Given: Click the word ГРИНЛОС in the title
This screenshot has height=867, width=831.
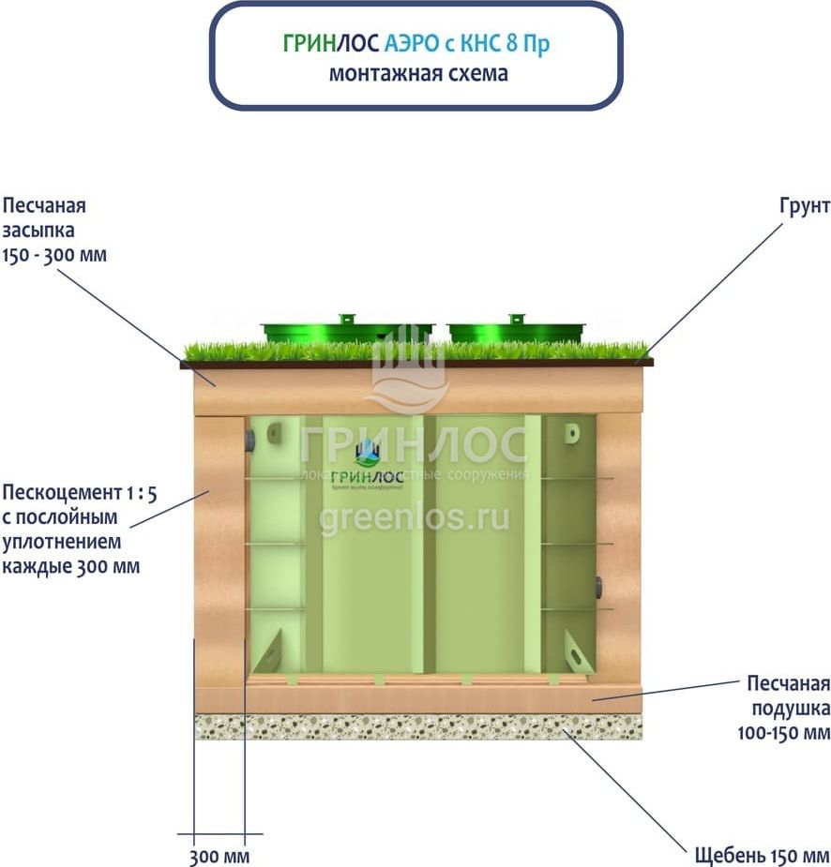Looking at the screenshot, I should (x=330, y=44).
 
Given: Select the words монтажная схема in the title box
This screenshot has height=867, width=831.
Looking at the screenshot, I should (x=418, y=73).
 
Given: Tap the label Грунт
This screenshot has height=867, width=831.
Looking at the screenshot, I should (x=804, y=206).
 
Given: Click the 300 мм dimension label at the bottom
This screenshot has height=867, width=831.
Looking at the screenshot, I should (x=219, y=856).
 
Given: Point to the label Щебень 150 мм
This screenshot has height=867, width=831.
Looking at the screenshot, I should (x=762, y=856).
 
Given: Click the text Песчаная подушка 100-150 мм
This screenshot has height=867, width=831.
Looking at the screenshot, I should (x=783, y=707).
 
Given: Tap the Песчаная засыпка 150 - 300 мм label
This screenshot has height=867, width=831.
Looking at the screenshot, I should (x=54, y=230).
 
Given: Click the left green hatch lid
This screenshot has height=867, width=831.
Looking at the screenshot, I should (x=346, y=332).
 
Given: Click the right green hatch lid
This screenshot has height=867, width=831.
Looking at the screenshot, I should (x=515, y=332).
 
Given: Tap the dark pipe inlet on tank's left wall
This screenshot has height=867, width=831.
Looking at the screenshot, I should (x=249, y=441).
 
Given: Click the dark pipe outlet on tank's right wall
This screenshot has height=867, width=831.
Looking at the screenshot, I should (x=597, y=589).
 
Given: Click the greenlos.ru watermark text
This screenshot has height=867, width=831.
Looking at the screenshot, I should (x=414, y=517).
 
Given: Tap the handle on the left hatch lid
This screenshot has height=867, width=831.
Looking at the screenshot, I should (x=346, y=319).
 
